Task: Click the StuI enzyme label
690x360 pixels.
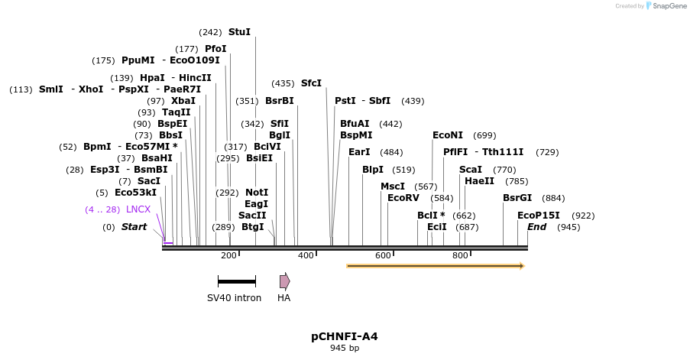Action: (239, 32)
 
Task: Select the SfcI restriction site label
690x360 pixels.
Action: (311, 83)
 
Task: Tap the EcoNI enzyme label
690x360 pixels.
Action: (448, 135)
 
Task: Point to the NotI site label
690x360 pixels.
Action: (257, 193)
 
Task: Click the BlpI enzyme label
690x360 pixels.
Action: (373, 170)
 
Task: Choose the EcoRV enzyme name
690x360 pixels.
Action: (403, 198)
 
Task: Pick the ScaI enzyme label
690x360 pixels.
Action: (471, 170)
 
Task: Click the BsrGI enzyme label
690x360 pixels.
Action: (517, 198)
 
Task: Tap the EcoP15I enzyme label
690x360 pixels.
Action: (539, 216)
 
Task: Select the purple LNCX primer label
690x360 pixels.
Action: (138, 209)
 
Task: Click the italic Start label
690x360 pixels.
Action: (134, 227)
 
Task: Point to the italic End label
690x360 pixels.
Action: (536, 227)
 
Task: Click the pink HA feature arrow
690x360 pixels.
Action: (284, 281)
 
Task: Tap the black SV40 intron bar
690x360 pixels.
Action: (236, 281)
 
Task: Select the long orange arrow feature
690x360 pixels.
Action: (436, 266)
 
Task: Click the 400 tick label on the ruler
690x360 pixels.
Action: (306, 255)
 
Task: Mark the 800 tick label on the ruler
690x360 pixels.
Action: (460, 255)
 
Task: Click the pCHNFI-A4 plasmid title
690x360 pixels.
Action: (344, 336)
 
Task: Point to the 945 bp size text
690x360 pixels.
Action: (344, 349)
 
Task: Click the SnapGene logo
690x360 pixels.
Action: (665, 6)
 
